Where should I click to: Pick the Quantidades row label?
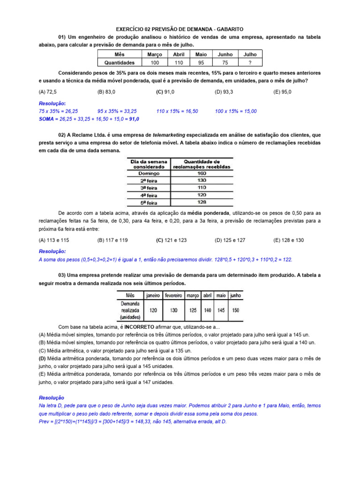click(x=119, y=62)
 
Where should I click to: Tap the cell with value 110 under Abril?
click(x=179, y=62)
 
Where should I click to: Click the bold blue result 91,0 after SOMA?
click(x=135, y=119)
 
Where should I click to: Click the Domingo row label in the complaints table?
click(x=146, y=173)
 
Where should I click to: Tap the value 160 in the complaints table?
click(x=202, y=173)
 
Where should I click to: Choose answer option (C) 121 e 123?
click(x=172, y=240)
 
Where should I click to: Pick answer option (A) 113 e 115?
click(x=54, y=240)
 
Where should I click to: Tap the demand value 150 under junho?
click(x=236, y=310)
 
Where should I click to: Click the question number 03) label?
click(x=64, y=276)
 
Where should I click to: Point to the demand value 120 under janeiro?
click(x=153, y=310)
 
